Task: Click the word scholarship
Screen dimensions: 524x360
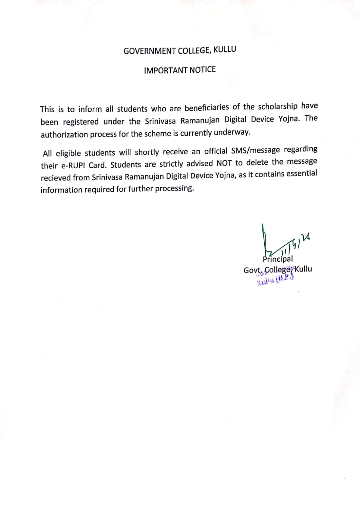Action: tap(278, 106)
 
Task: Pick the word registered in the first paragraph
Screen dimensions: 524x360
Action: tap(81, 122)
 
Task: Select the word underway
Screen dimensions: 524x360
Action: tap(232, 132)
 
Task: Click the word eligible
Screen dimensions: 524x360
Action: tap(68, 153)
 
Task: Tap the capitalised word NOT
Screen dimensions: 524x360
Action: tap(224, 163)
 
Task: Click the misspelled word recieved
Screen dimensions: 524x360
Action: tap(55, 178)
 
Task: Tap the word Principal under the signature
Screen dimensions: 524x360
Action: tap(278, 259)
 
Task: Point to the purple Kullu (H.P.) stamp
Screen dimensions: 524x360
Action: tap(275, 280)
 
